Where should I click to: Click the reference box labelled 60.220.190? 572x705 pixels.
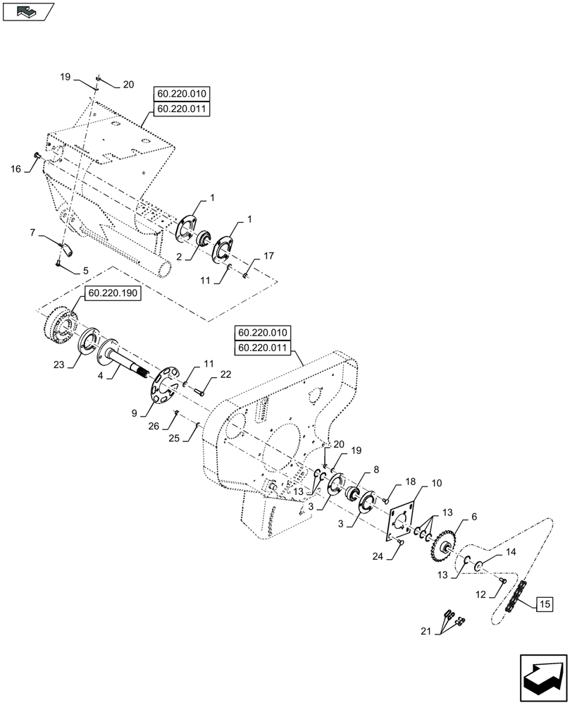tap(113, 295)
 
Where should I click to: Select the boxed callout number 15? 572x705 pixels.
tap(545, 603)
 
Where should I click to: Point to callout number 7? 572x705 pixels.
tap(33, 233)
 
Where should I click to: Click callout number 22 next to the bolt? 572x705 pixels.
tap(225, 376)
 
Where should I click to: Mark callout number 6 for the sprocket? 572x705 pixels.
tap(473, 517)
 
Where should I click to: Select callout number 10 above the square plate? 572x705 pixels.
tap(436, 484)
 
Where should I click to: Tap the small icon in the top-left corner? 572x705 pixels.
tap(27, 12)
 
